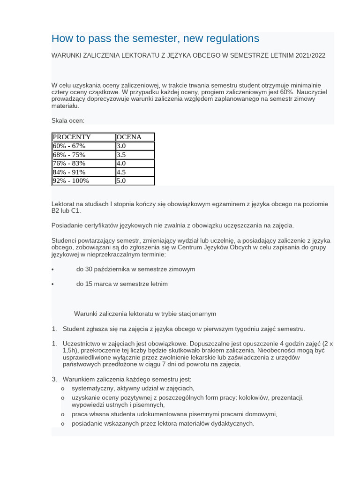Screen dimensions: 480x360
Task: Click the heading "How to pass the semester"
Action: [155, 38]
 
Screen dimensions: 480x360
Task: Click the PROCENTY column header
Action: [72, 137]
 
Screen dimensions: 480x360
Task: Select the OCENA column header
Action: [129, 137]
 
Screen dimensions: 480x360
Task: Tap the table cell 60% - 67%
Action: [69, 146]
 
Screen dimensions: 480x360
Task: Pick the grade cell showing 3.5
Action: [121, 155]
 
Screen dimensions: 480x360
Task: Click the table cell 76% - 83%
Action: [69, 163]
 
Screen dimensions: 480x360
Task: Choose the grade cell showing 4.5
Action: [121, 172]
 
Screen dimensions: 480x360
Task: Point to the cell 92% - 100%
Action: [71, 180]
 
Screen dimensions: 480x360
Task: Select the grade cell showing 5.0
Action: [121, 180]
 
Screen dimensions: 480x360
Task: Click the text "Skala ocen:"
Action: [67, 120]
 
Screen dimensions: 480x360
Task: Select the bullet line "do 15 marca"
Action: [122, 284]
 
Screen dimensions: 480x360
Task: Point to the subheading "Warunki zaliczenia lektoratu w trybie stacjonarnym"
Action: [145, 314]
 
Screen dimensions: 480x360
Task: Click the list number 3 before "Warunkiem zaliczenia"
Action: [54, 379]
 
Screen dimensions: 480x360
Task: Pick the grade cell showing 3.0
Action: [121, 146]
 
